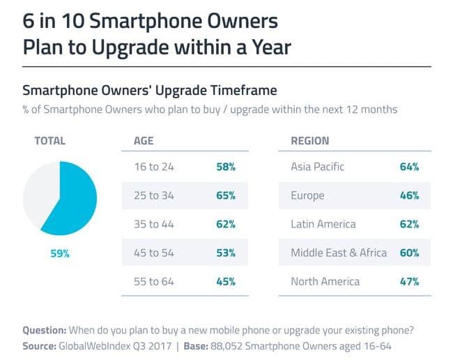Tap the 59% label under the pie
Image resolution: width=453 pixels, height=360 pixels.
pos(60,253)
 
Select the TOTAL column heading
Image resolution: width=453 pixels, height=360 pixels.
pos(49,141)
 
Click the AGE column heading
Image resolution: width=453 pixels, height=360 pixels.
pos(144,141)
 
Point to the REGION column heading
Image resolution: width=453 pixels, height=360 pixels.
pos(310,141)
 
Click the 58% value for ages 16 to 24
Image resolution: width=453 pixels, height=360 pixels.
pos(226,167)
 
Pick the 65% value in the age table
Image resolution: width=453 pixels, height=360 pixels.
pos(226,195)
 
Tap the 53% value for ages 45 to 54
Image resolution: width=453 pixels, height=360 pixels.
pos(226,253)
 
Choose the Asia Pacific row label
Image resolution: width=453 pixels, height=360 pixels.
pos(318,167)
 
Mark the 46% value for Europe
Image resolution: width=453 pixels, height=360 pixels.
pos(409,195)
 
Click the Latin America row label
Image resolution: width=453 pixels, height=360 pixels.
pos(323,225)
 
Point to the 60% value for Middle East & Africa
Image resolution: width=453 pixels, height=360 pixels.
pos(409,253)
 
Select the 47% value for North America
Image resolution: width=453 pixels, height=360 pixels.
pos(409,282)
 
